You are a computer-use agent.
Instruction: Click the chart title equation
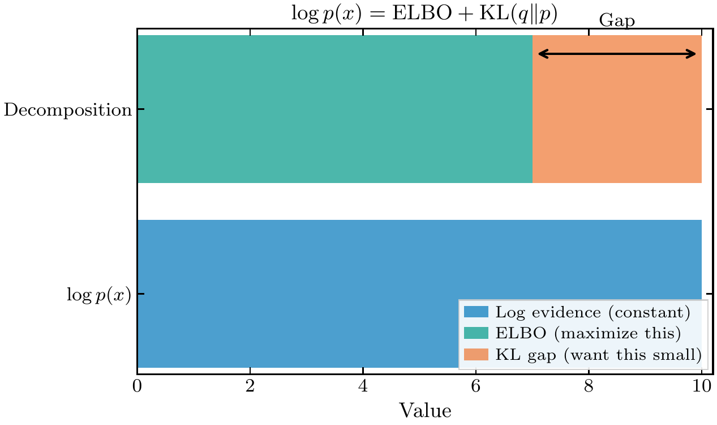pyautogui.click(x=424, y=14)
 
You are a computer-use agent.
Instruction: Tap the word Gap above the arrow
pyautogui.click(x=617, y=21)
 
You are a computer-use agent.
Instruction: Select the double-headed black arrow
pyautogui.click(x=617, y=54)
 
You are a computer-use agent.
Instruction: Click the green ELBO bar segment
pyautogui.click(x=334, y=109)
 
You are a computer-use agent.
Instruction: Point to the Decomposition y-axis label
pyautogui.click(x=68, y=109)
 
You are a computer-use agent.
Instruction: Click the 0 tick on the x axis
pyautogui.click(x=137, y=388)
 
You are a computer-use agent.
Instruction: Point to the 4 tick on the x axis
pyautogui.click(x=363, y=388)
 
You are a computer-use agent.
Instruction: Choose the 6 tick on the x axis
pyautogui.click(x=476, y=388)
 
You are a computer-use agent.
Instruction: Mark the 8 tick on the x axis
pyautogui.click(x=589, y=388)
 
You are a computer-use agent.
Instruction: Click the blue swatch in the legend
pyautogui.click(x=476, y=312)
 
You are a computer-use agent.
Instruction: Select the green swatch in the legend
pyautogui.click(x=476, y=333)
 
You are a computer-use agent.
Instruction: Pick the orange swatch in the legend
pyautogui.click(x=476, y=354)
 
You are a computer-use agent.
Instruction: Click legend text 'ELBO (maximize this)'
pyautogui.click(x=587, y=333)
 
